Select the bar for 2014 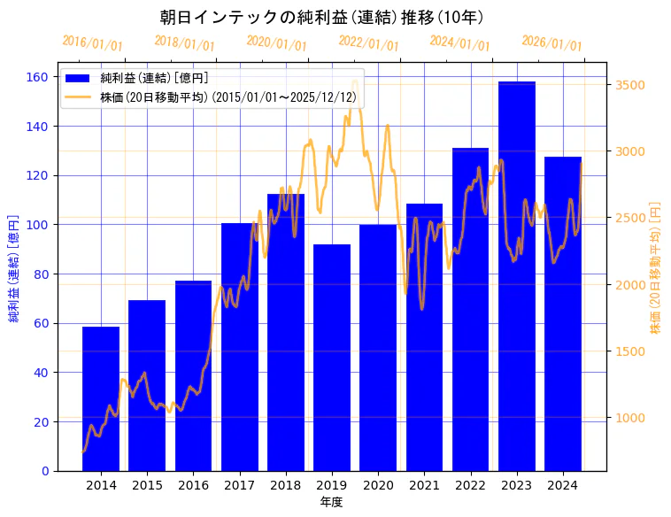coord(101,398)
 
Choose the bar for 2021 coord(424,337)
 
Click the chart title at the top coord(322,18)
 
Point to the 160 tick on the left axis coord(37,77)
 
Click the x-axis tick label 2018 coord(286,485)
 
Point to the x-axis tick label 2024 coord(563,485)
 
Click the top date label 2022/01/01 coord(368,43)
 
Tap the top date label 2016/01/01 coord(92,43)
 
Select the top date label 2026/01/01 coord(551,43)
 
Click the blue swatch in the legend coord(79,78)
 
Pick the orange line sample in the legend coord(79,96)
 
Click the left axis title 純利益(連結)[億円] coord(14,268)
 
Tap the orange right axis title coord(656,266)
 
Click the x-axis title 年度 coord(331,502)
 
